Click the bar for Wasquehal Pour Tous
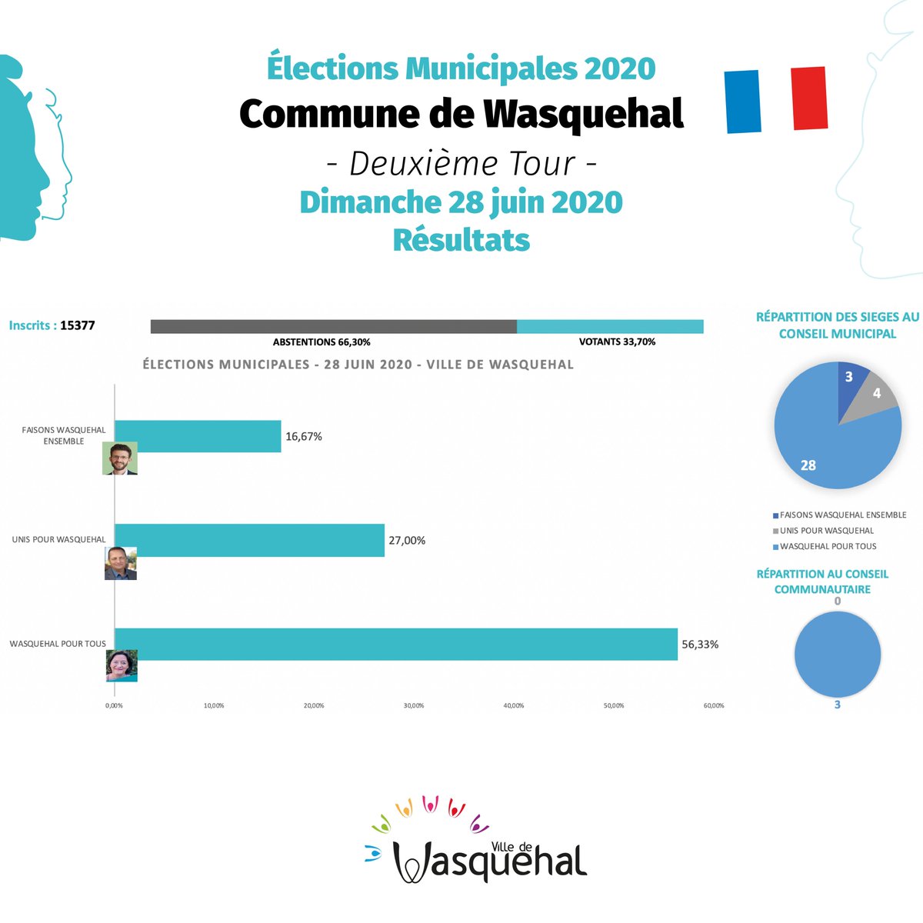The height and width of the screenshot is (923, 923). tap(396, 645)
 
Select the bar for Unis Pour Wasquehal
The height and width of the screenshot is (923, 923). tap(249, 540)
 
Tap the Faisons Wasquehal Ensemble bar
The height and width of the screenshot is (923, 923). tap(198, 436)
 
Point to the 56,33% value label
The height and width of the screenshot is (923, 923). tap(700, 645)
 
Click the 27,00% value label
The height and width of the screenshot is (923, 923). tap(407, 541)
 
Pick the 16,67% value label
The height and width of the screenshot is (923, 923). tap(304, 437)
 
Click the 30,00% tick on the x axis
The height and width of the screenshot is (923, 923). tap(414, 705)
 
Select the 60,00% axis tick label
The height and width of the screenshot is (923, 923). tap(713, 705)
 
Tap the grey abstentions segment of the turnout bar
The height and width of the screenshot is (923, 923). tap(333, 327)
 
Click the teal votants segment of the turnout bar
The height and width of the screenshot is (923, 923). tap(610, 327)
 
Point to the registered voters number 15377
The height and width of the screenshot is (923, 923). tap(78, 325)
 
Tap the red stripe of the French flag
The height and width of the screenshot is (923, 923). tap(809, 98)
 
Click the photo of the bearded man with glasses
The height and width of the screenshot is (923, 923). tap(120, 458)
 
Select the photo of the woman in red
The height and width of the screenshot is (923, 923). tap(122, 665)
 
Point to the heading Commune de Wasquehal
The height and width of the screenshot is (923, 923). tap(461, 114)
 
